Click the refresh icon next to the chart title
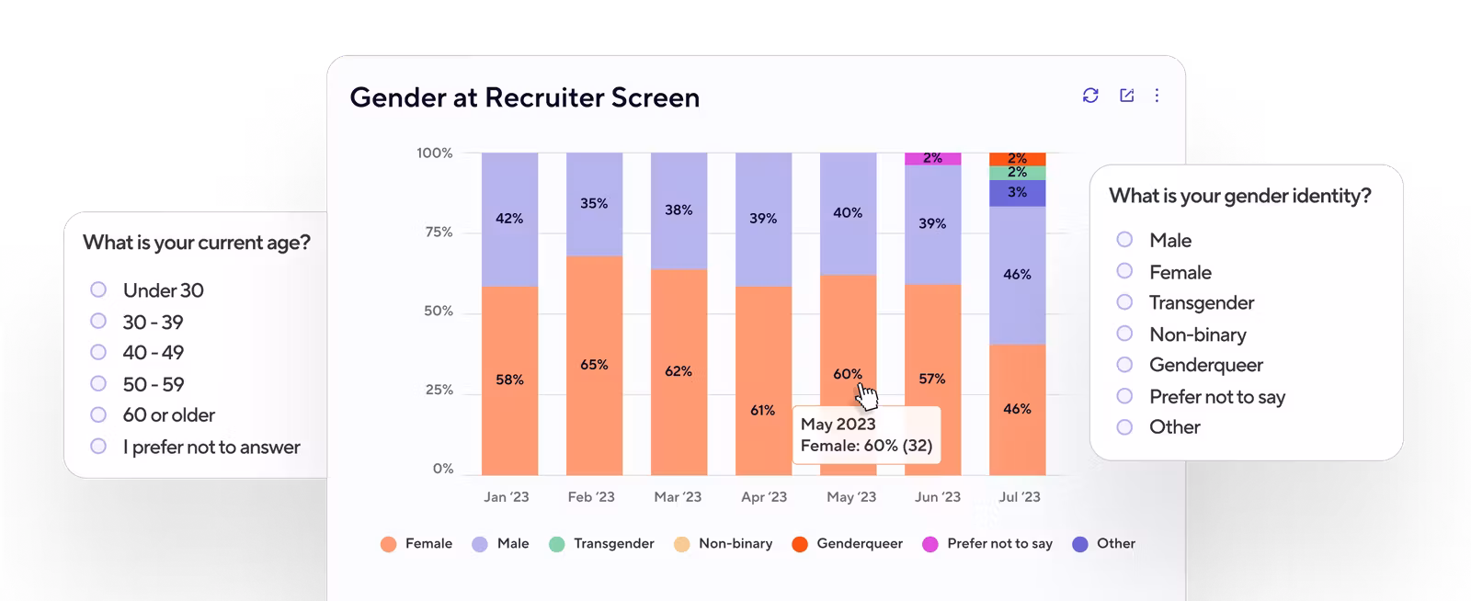pyautogui.click(x=1090, y=96)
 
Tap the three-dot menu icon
pyautogui.click(x=1157, y=96)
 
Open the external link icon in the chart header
pyautogui.click(x=1126, y=96)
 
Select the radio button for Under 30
pyautogui.click(x=98, y=289)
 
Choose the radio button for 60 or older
pyautogui.click(x=98, y=414)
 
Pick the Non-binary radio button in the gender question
pyautogui.click(x=1124, y=334)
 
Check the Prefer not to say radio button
pyautogui.click(x=1124, y=396)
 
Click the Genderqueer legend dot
pyautogui.click(x=800, y=544)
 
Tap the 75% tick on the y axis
pyautogui.click(x=438, y=232)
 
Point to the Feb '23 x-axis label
pyautogui.click(x=591, y=497)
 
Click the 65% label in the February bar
pyautogui.click(x=594, y=365)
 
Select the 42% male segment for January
pyautogui.click(x=509, y=219)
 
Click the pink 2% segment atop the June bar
pyautogui.click(x=933, y=159)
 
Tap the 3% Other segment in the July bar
pyautogui.click(x=1017, y=193)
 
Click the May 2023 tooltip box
pyautogui.click(x=866, y=435)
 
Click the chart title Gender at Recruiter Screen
pyautogui.click(x=524, y=97)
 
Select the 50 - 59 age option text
pyautogui.click(x=154, y=384)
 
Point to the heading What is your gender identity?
pyautogui.click(x=1239, y=196)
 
